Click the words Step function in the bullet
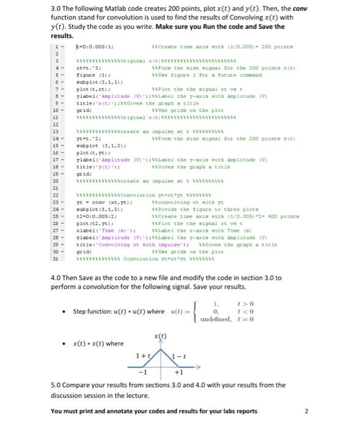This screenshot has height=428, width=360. pos(90,311)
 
